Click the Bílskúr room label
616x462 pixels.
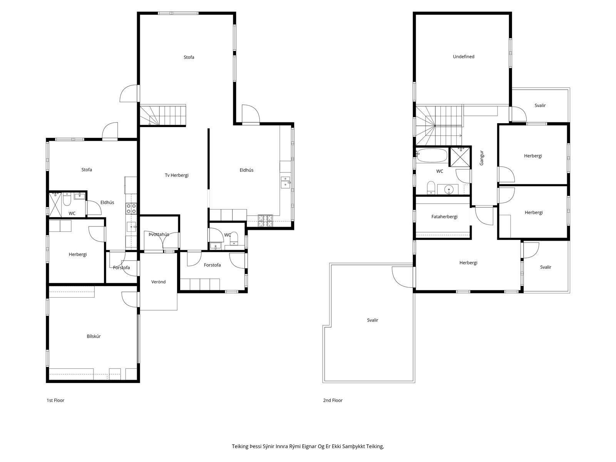click(x=94, y=336)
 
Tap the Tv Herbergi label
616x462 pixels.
click(x=176, y=175)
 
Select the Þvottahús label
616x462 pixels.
click(x=159, y=234)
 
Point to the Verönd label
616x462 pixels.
click(x=158, y=282)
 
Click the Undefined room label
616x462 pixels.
click(x=464, y=57)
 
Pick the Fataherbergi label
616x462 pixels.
click(x=444, y=216)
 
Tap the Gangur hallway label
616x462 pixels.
click(x=482, y=158)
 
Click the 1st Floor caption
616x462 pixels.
click(x=55, y=400)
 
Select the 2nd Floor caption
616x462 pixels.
click(x=333, y=400)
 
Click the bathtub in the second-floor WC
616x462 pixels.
click(x=432, y=156)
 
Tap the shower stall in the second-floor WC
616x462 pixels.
click(x=460, y=157)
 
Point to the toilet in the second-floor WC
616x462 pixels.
click(x=431, y=187)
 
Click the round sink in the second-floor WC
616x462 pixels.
click(x=449, y=190)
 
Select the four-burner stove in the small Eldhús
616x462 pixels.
click(x=131, y=209)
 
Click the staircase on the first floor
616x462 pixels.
click(x=163, y=115)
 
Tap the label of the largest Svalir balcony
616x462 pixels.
click(x=372, y=320)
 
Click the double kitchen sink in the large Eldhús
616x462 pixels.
click(x=285, y=182)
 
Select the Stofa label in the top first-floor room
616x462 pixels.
click(x=189, y=57)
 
